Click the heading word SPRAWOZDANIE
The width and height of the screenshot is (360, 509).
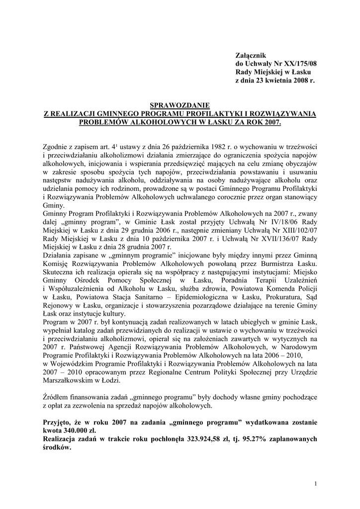coord(180,105)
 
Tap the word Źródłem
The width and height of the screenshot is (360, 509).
coord(57,398)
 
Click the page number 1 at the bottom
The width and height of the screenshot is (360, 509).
coord(315,484)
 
